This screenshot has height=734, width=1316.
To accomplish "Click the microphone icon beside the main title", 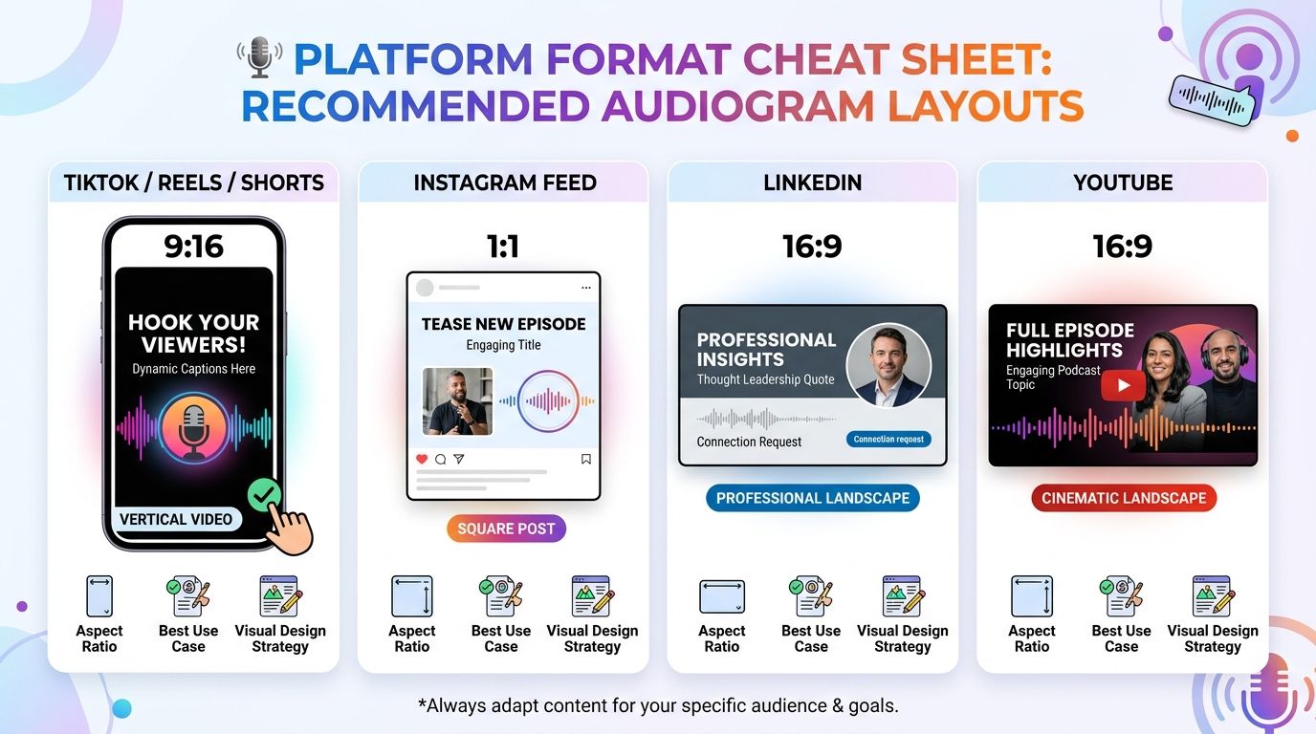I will pos(259,56).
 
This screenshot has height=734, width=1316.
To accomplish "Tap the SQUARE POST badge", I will pos(506,529).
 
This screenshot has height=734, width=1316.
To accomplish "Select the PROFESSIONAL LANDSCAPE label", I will pos(813,498).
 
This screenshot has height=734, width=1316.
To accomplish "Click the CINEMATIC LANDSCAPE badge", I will pos(1124,498).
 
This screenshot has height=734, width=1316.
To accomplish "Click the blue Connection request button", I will pos(888,439).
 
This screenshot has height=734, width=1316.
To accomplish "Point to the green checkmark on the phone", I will pos(265,495).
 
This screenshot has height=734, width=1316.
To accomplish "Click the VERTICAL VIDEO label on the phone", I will pos(176,519).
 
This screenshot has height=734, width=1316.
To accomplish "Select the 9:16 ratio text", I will pos(193,247).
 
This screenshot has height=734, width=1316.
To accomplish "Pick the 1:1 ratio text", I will pos(503,247).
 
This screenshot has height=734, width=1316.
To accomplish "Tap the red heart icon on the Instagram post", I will pos(423,459).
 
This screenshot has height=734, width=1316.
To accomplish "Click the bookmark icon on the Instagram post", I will pos(586,459).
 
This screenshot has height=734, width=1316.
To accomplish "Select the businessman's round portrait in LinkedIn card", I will pos(888,365).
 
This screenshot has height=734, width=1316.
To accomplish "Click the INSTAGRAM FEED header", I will pos(505,183).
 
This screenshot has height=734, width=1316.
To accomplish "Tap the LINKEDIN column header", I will pos(813,183).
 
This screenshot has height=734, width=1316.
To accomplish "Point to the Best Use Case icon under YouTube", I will pos(1121,596).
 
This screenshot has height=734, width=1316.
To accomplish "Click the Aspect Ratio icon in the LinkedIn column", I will pos(722,596).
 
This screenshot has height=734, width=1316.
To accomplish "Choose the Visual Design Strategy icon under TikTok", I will pos(280,596).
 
